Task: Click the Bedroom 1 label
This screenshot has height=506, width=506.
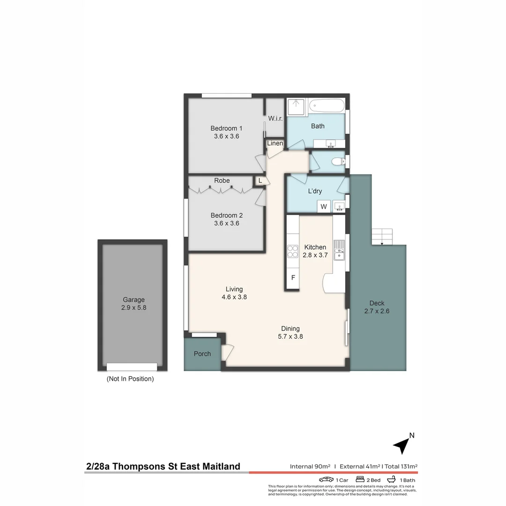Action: (226, 128)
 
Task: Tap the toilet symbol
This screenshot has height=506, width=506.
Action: (337, 162)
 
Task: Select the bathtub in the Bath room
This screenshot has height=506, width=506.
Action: (327, 106)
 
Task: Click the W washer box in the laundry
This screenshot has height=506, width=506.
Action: (323, 206)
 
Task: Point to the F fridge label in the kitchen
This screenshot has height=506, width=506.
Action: (293, 277)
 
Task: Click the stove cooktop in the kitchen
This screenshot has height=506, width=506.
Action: (293, 252)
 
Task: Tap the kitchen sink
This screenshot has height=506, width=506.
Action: (339, 250)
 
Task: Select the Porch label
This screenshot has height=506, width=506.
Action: (202, 354)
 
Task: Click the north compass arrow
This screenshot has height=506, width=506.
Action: (401, 445)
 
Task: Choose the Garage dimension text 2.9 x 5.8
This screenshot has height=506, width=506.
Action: (134, 308)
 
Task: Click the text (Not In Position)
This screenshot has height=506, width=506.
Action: (130, 379)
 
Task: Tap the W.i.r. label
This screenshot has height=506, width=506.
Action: (275, 119)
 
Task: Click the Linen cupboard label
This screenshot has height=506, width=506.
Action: (275, 143)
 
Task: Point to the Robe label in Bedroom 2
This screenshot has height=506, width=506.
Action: (222, 180)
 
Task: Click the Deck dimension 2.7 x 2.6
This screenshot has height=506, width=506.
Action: (377, 311)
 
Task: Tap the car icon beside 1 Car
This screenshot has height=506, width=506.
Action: (326, 480)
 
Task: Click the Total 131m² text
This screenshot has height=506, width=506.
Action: (401, 466)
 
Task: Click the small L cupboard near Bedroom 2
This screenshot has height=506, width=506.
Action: (260, 180)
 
